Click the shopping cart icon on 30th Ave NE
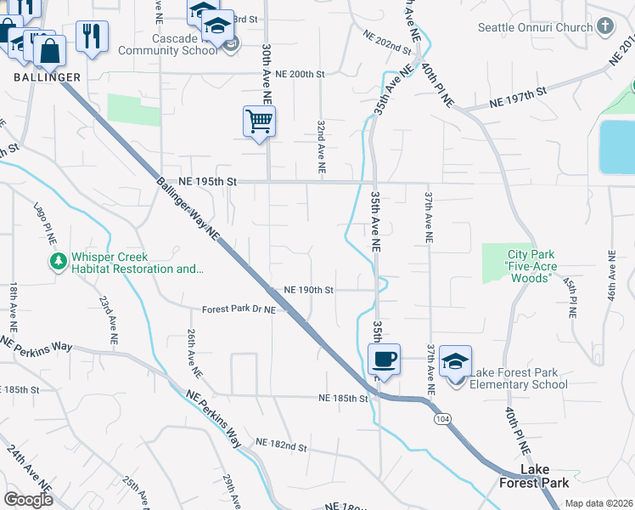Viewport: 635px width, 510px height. (x=259, y=120)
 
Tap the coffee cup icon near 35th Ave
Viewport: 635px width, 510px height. (x=385, y=358)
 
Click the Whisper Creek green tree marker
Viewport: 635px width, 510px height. (x=59, y=262)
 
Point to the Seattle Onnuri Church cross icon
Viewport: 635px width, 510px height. (x=605, y=26)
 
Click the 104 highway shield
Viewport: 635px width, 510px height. (x=441, y=419)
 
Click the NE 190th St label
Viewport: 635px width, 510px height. (x=309, y=289)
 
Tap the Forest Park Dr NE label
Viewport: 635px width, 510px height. (x=239, y=310)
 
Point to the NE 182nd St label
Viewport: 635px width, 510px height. (x=278, y=447)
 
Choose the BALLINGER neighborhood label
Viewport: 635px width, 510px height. (x=48, y=77)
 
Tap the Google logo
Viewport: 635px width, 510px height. (x=28, y=500)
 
